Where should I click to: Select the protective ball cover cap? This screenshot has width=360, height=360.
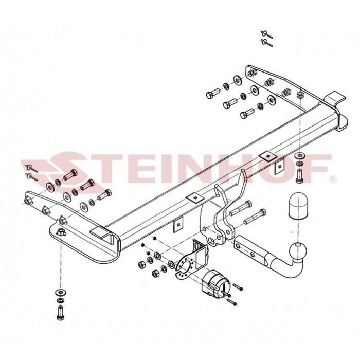[298, 206]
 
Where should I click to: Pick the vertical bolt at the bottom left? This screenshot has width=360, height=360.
[60, 313]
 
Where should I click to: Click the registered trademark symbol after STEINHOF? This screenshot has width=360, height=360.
[333, 179]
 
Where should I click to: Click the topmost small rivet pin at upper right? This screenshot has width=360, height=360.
[266, 34]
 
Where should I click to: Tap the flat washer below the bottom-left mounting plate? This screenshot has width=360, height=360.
[60, 293]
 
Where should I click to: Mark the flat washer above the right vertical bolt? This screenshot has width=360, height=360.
[299, 155]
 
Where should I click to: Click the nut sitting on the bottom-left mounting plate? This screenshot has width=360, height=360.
[61, 232]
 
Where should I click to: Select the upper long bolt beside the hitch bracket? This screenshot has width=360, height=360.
[241, 208]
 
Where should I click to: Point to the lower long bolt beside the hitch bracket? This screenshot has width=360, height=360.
[255, 217]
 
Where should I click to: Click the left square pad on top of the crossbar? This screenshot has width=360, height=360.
[194, 197]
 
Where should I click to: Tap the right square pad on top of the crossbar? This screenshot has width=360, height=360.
[268, 156]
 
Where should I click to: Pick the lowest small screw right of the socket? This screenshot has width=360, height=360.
[231, 302]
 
